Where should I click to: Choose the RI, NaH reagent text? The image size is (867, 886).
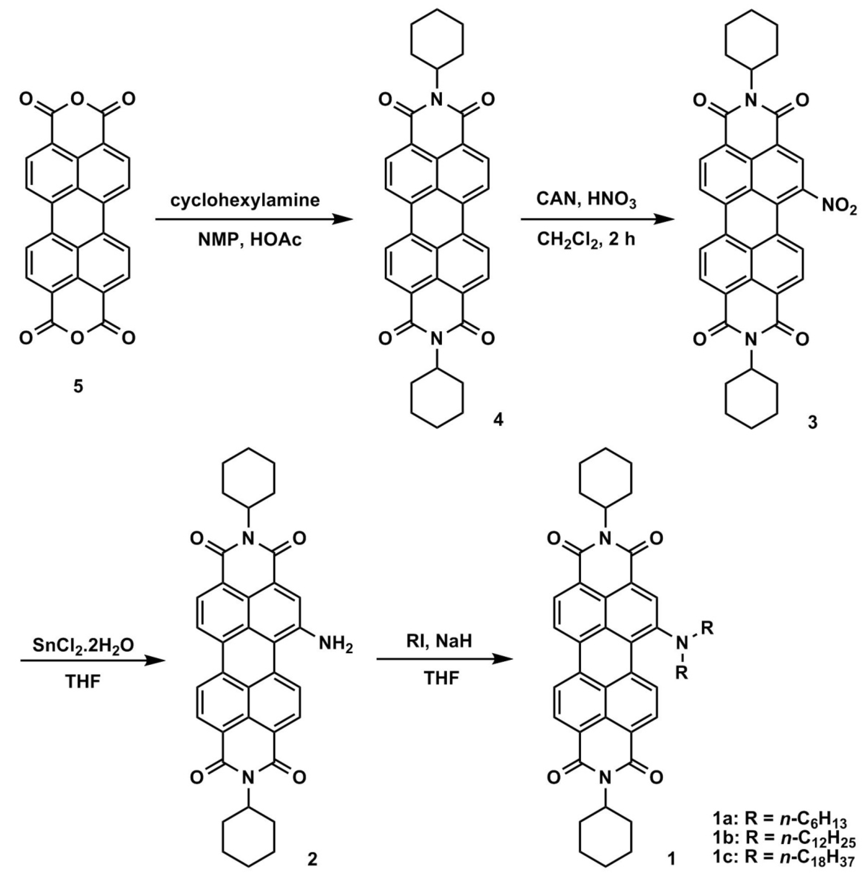(439, 641)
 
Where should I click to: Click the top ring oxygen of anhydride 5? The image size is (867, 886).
(78, 98)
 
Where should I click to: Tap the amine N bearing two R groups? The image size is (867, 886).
(681, 643)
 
